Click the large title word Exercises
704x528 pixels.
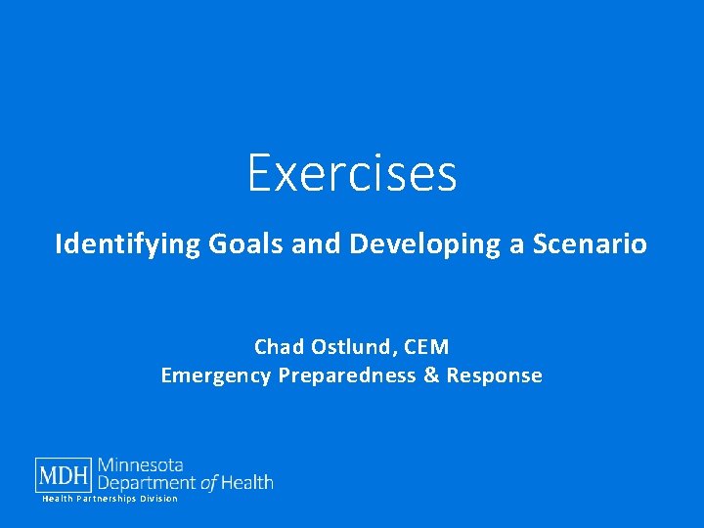click(352, 173)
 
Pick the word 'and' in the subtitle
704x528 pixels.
click(316, 243)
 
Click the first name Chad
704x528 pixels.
click(279, 347)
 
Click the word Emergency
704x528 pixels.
click(216, 375)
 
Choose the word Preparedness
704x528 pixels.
click(347, 375)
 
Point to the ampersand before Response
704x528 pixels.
click(432, 375)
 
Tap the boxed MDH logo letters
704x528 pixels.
click(65, 475)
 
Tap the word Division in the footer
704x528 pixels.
click(158, 499)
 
